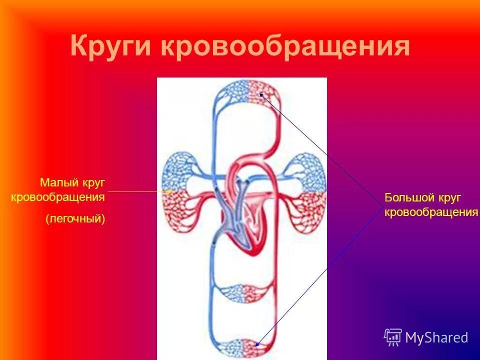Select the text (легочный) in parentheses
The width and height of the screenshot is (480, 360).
(75, 218)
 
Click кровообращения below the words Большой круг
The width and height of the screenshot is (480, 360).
(431, 212)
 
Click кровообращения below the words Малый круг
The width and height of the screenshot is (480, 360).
(58, 197)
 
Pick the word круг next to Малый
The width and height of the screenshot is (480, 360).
(92, 182)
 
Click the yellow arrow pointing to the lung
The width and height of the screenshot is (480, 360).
(140, 191)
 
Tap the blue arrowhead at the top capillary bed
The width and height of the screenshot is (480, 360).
(261, 95)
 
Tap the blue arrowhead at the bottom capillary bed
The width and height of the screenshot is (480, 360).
(258, 343)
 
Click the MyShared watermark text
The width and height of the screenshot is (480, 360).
(436, 337)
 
